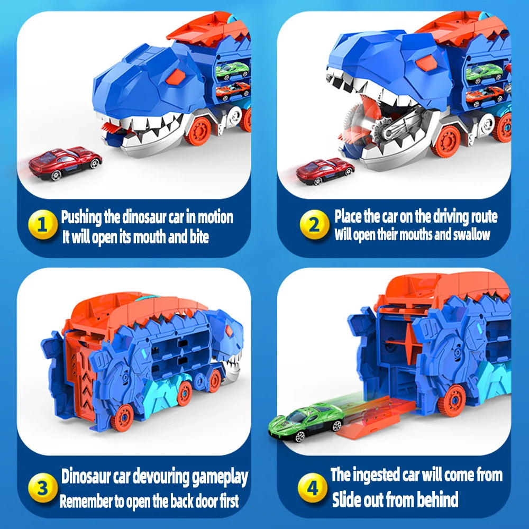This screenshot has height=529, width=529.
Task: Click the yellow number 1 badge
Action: pos(45,225)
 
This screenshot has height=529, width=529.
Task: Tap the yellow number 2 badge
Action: pos(314,225)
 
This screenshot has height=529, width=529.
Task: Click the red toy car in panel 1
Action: pos(65,162)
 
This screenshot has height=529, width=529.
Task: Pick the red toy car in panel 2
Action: pos(325,171)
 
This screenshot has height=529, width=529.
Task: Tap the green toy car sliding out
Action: pos(305,421)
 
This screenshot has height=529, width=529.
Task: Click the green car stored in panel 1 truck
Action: pos(231,70)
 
